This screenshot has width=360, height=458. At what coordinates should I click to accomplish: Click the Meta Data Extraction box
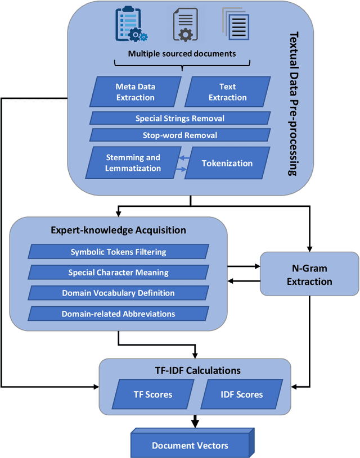[x=135, y=92]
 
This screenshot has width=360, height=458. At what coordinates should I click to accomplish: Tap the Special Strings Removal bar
[x=180, y=119]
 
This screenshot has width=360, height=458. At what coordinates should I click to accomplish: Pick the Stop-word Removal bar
[x=180, y=135]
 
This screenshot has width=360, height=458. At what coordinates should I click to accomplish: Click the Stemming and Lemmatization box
[x=133, y=163]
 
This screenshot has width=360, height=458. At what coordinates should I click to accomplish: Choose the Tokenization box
[x=227, y=164]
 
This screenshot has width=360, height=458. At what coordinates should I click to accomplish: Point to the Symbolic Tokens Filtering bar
[x=118, y=252]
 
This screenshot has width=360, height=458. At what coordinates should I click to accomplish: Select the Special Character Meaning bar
[x=118, y=273]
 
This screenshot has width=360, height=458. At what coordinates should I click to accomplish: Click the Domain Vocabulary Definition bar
[x=118, y=293]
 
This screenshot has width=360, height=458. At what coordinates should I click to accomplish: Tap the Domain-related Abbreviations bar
[x=118, y=314]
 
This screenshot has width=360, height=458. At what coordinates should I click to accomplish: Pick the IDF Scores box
[x=240, y=394]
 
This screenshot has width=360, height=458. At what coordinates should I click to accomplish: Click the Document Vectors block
[x=190, y=445]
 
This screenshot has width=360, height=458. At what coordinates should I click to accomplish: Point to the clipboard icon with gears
[x=129, y=25]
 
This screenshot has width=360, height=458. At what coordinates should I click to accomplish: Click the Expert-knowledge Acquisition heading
[x=118, y=230]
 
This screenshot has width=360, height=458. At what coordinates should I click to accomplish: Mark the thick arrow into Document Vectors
[x=195, y=420]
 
